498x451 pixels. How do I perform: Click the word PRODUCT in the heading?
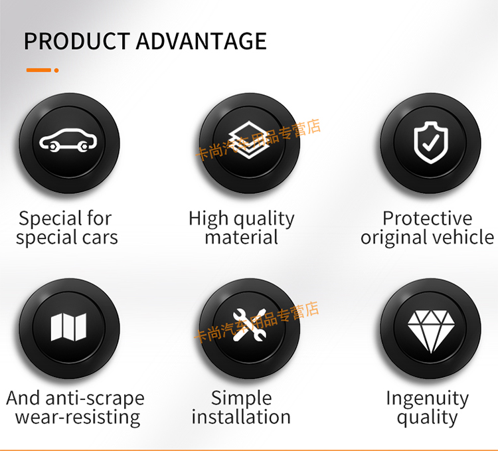77,41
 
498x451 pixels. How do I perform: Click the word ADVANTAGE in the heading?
201,41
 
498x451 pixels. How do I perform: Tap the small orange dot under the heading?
56,70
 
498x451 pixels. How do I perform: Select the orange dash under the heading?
39,70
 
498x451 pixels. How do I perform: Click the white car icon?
68,140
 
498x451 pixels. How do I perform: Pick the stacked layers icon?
249,139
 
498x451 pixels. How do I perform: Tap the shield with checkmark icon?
431,143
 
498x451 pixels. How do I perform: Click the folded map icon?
68,327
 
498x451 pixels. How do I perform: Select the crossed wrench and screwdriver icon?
249,325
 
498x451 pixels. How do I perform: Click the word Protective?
428,219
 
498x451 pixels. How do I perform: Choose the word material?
242,237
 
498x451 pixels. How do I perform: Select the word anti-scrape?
95,399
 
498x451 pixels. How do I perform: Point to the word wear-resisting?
78,418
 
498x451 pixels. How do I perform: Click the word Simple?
242,399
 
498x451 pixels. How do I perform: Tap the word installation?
241,417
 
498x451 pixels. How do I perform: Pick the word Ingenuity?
428,399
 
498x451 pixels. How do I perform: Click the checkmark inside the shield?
431,143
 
